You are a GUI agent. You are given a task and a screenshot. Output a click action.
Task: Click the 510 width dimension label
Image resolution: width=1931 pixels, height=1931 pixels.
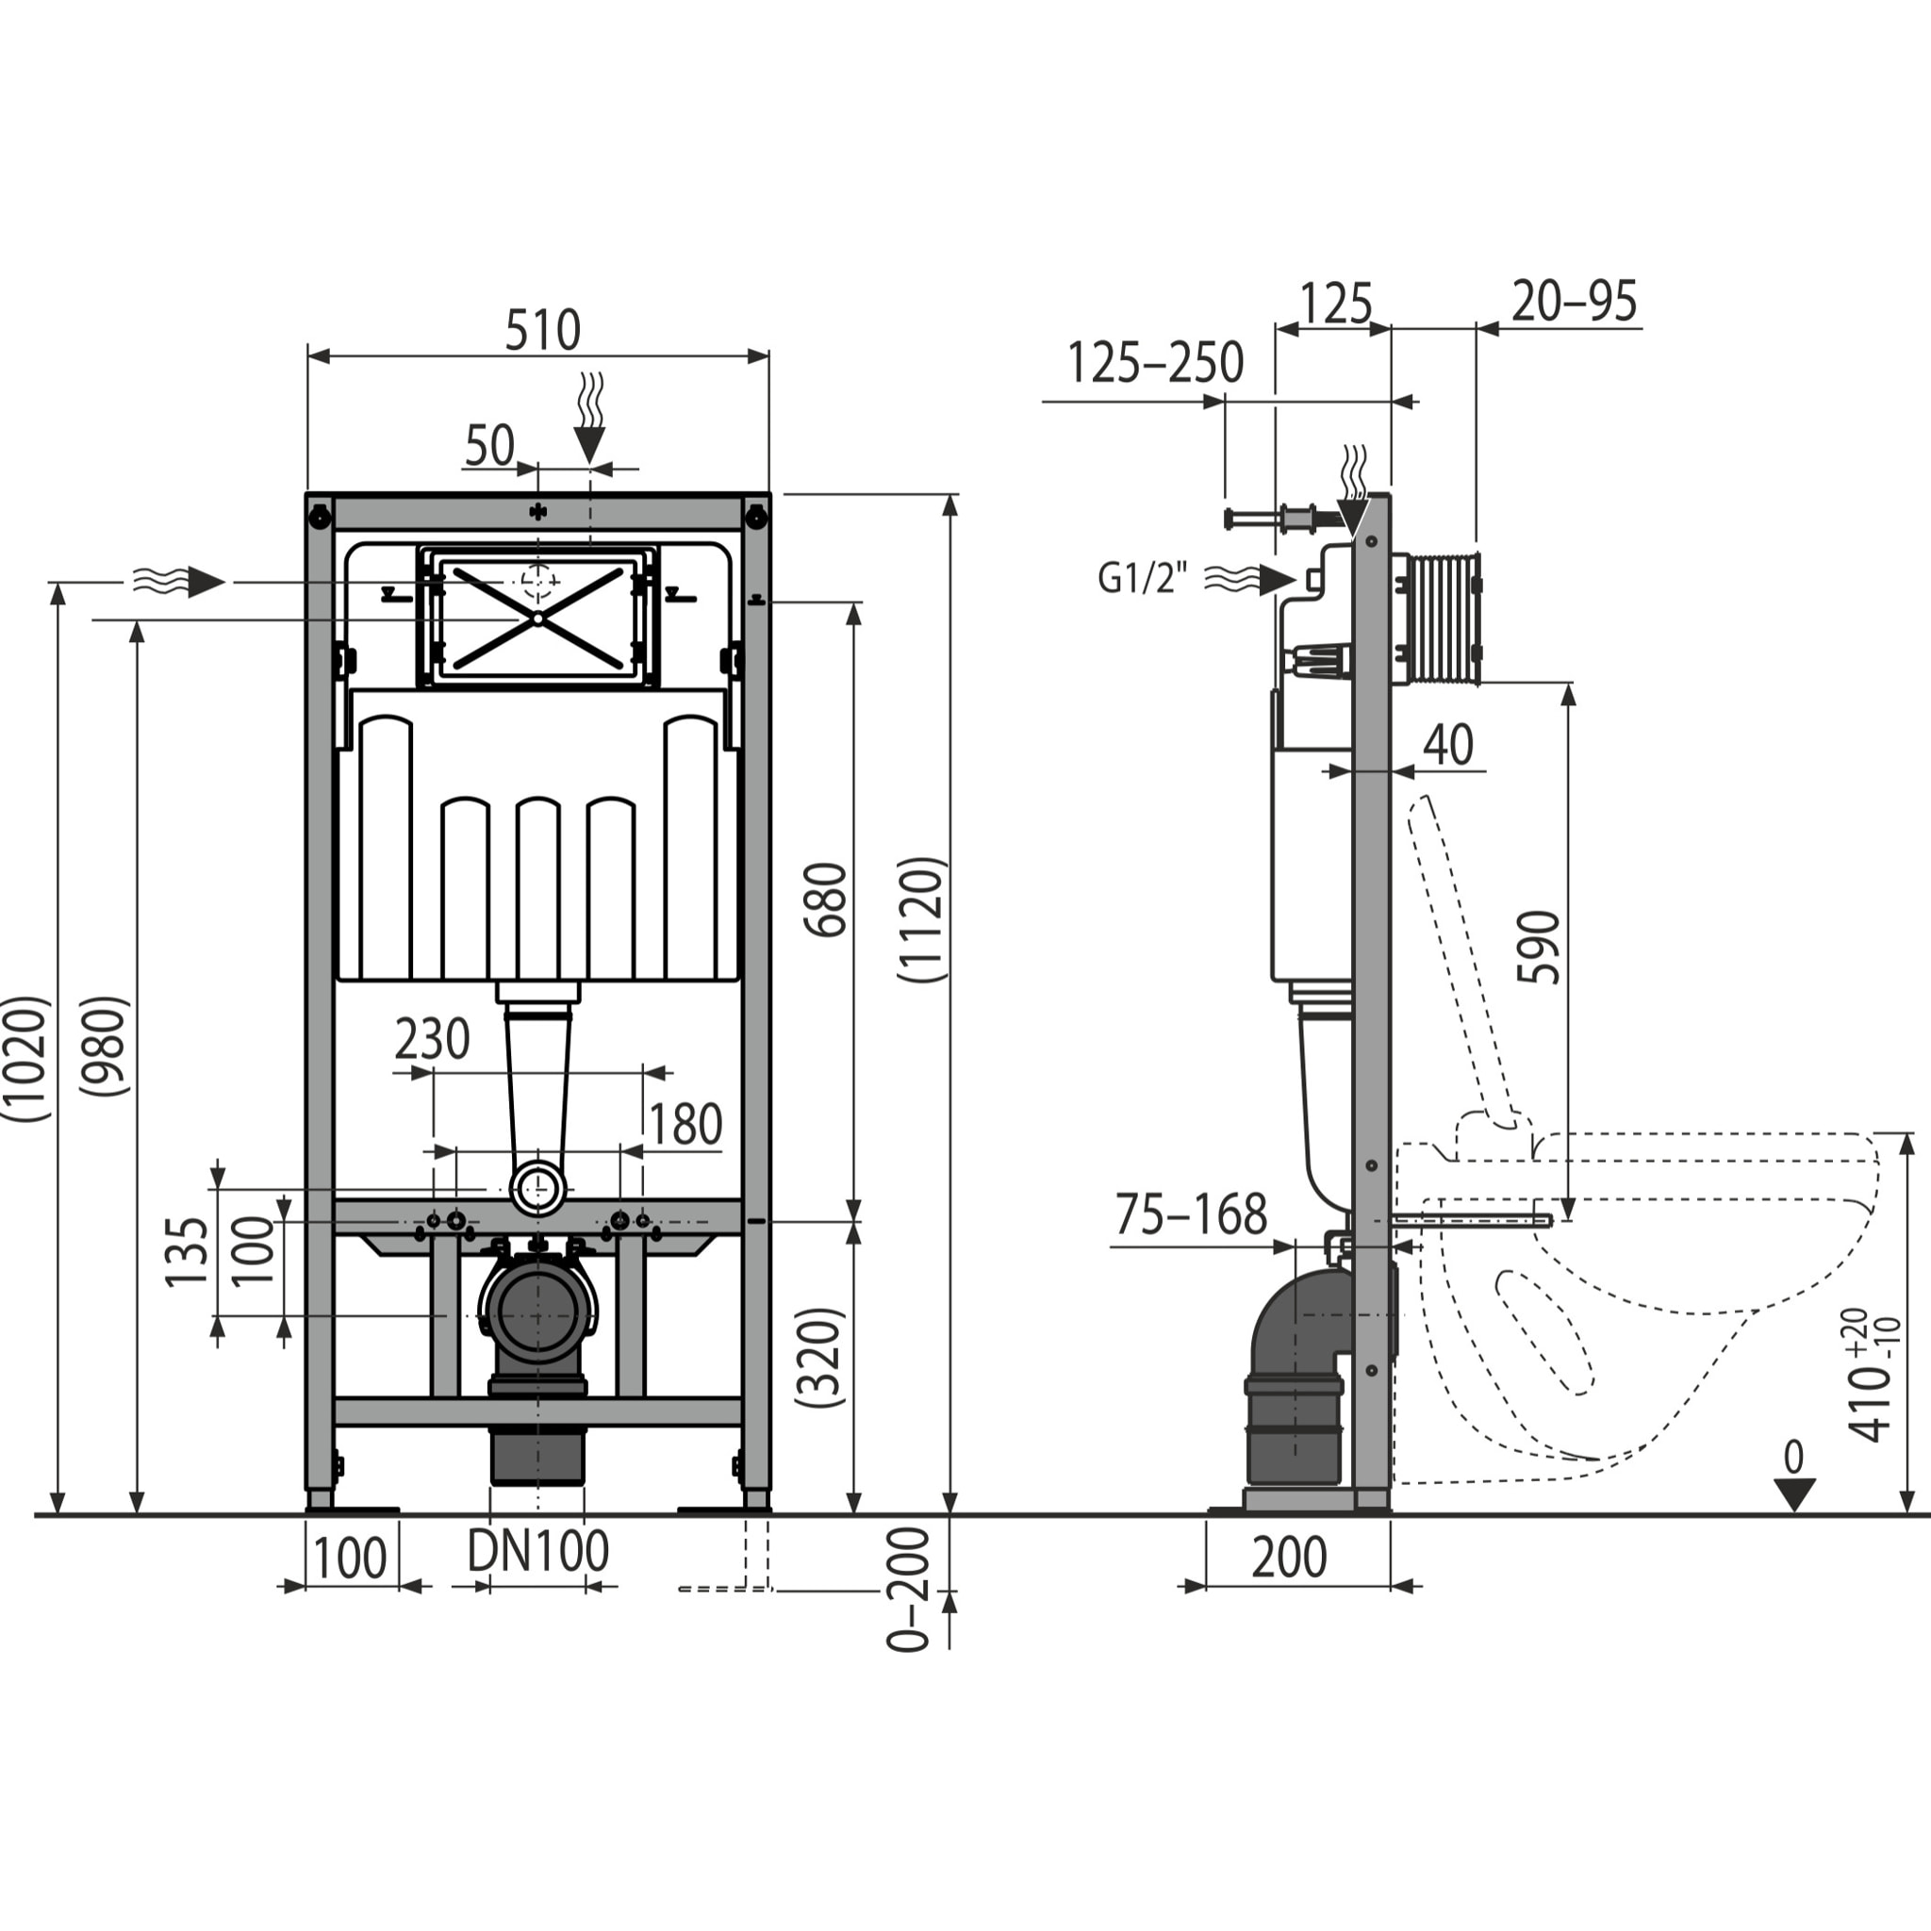(x=542, y=331)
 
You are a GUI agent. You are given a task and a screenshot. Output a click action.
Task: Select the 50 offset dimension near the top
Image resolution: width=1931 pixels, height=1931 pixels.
(x=488, y=447)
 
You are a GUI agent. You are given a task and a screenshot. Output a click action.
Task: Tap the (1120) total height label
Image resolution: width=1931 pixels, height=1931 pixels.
(x=920, y=919)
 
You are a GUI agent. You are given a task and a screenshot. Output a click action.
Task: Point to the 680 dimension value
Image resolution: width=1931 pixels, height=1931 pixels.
(x=827, y=899)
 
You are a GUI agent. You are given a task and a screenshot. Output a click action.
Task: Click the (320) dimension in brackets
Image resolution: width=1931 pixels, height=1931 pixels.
(x=820, y=1358)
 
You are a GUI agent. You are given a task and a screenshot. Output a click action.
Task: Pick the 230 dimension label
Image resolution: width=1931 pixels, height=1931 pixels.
(x=432, y=1039)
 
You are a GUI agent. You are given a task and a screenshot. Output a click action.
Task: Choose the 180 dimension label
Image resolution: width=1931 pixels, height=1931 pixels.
(x=685, y=1125)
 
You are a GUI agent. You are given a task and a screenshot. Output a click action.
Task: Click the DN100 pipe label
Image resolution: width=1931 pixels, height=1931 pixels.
(x=537, y=1552)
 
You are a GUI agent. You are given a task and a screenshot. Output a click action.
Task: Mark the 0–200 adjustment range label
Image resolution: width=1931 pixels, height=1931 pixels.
(x=909, y=1588)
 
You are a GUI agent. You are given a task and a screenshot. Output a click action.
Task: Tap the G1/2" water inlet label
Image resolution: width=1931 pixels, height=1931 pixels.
(x=1143, y=578)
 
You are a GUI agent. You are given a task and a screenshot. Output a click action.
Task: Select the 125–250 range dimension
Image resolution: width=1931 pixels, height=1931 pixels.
(x=1155, y=363)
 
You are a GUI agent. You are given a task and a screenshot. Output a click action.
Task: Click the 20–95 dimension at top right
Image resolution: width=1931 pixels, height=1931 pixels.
(x=1575, y=301)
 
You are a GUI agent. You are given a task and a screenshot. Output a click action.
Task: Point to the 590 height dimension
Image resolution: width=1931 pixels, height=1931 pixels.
(x=1538, y=948)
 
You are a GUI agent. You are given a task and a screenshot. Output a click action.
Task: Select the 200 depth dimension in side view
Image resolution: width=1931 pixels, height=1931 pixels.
(x=1289, y=1558)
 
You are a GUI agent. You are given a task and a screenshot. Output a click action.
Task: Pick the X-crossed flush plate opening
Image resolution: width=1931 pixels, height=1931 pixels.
(x=537, y=618)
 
